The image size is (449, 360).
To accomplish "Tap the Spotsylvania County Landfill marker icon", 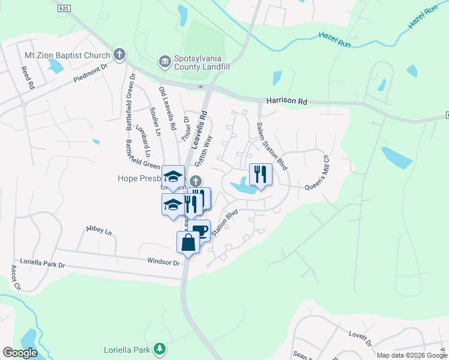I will pyautogui.click(x=164, y=61).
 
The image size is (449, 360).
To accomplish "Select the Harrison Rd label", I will pyautogui.click(x=286, y=101).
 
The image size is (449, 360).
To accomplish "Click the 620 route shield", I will pyautogui.click(x=64, y=8).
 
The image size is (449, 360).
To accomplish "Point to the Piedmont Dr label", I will pyautogui.click(x=89, y=74).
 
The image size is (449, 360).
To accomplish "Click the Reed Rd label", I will pyautogui.click(x=26, y=77).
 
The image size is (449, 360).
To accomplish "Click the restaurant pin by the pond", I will pyautogui.click(x=261, y=175).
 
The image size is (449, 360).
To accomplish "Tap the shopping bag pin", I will pyautogui.click(x=188, y=242).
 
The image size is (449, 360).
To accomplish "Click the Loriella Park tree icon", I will pyautogui.click(x=159, y=348).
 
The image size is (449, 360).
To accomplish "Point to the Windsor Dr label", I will pyautogui.click(x=163, y=262).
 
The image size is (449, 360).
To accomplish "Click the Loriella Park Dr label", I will pyautogui.click(x=42, y=263).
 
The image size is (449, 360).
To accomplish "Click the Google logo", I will pyautogui.click(x=20, y=353).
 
